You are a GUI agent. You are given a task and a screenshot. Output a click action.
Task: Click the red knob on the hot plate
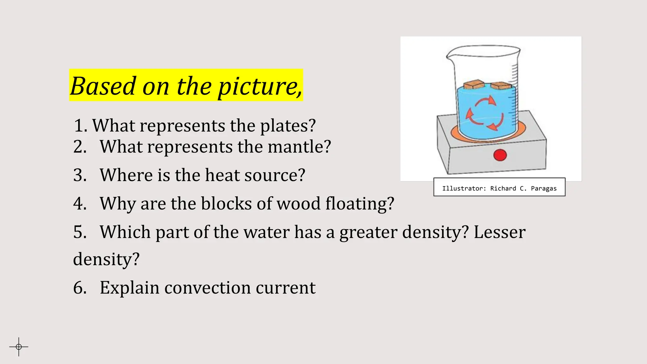click(x=500, y=155)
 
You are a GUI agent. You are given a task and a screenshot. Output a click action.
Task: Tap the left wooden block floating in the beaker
click(x=474, y=85)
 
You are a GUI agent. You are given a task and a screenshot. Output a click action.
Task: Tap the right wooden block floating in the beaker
click(x=501, y=86)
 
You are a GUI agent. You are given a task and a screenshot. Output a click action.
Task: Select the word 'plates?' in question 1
click(x=288, y=126)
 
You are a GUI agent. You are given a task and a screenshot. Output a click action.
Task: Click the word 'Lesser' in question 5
click(x=499, y=232)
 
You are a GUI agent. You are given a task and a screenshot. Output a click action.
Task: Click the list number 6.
click(x=80, y=288)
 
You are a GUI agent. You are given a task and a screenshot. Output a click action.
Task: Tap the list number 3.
click(x=80, y=175)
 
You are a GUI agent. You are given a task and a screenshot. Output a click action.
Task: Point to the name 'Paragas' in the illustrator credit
click(x=544, y=189)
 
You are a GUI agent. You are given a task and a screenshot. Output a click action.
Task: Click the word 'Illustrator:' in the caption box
click(x=464, y=189)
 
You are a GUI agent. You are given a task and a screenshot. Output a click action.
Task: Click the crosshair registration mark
click(x=19, y=347)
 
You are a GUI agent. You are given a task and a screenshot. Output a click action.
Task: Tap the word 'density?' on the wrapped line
click(x=106, y=259)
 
